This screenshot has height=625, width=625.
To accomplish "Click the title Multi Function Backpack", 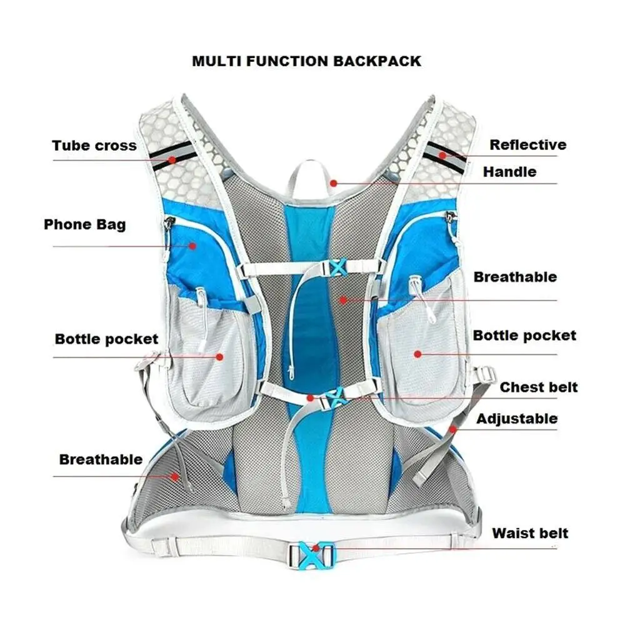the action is click(x=306, y=61).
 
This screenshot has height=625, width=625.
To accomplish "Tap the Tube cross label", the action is click(x=94, y=146).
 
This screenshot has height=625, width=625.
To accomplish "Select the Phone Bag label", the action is click(x=84, y=224).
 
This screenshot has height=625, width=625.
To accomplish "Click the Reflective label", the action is click(x=527, y=145).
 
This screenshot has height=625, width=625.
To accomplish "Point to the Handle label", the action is click(x=509, y=171).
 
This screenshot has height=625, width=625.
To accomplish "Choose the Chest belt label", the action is click(x=538, y=387).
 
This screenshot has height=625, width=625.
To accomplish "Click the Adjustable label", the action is click(x=517, y=418).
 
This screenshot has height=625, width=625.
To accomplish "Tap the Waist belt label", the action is click(x=530, y=533).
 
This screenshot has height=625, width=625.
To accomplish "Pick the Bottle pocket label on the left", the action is click(x=106, y=339).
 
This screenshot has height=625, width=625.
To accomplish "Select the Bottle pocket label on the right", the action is click(x=524, y=336).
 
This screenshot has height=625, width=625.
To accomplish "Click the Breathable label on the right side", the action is click(x=515, y=277).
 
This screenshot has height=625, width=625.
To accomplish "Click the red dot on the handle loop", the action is click(x=334, y=183).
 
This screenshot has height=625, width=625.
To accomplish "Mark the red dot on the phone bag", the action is click(x=192, y=246).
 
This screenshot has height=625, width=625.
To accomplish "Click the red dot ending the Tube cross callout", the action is click(x=172, y=159).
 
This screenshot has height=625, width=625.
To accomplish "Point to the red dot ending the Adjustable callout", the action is click(x=452, y=429).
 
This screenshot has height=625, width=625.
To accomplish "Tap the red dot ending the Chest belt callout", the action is click(x=310, y=397).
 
